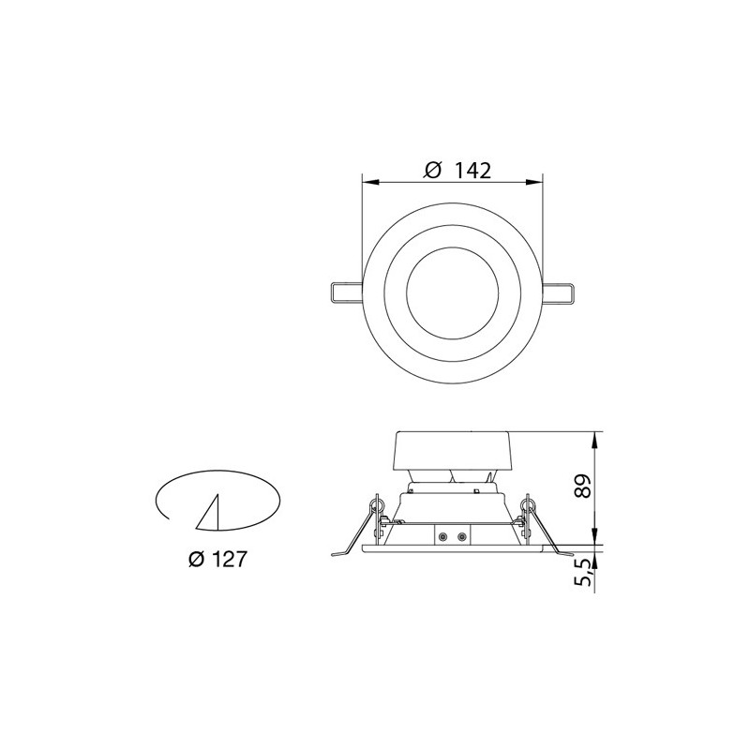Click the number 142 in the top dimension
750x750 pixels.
click(x=473, y=171)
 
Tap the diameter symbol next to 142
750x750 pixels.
click(x=432, y=171)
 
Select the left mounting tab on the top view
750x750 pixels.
click(x=344, y=292)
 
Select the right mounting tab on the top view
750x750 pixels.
click(x=560, y=292)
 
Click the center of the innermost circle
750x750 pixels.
click(x=453, y=292)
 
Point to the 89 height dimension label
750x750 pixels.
click(x=582, y=487)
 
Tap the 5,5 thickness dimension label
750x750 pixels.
click(x=582, y=573)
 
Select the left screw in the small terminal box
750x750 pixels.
click(x=442, y=536)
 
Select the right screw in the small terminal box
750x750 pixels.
click(x=459, y=536)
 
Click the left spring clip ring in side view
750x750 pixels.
click(x=378, y=507)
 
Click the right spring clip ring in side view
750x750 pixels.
click(x=528, y=507)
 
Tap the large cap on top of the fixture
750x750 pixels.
click(x=453, y=450)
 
